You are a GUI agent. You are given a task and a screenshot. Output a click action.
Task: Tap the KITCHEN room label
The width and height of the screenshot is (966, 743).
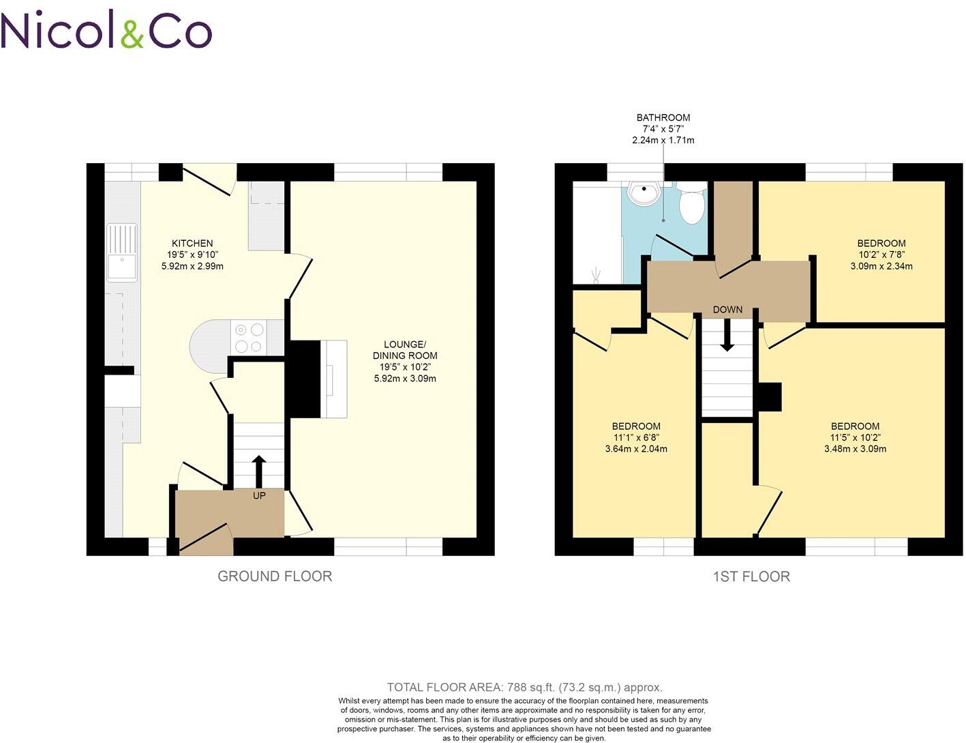[192, 244]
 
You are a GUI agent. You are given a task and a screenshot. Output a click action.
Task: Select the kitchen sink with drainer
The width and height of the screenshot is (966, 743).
[122, 252]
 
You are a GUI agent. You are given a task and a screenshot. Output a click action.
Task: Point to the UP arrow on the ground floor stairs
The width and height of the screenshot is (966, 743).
[259, 469]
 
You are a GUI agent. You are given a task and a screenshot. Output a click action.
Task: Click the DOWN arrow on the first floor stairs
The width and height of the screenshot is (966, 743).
[727, 334]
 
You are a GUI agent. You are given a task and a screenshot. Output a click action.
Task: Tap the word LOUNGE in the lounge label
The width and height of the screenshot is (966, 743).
[404, 344]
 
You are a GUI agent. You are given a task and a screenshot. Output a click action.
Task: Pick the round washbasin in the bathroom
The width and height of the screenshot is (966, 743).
[644, 193]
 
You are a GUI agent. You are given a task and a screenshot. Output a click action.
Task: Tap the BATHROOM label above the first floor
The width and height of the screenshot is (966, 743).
[663, 117]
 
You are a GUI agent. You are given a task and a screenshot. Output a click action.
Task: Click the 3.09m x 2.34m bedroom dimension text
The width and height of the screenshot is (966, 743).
[881, 266]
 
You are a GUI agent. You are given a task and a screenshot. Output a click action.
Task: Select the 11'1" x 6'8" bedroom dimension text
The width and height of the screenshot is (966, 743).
[635, 437]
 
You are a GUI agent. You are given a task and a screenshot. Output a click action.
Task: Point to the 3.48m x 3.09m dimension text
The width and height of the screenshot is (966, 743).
[855, 449]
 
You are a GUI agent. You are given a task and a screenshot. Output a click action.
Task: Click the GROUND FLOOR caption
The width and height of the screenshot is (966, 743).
[275, 576]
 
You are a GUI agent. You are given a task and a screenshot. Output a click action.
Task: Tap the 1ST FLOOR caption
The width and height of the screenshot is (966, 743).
[751, 577]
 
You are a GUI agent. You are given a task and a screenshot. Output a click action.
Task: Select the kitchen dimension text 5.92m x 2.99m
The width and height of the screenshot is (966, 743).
[192, 266]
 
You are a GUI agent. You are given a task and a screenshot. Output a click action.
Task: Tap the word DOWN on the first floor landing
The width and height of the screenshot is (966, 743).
[727, 310]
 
